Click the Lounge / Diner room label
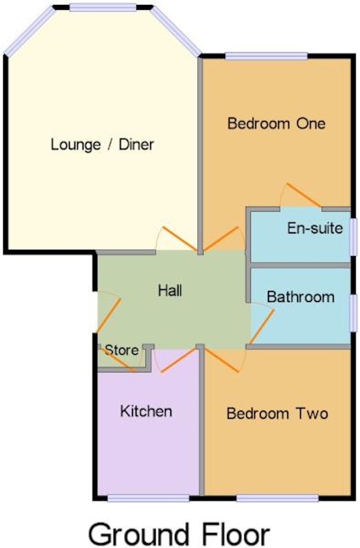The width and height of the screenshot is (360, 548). point(102,145)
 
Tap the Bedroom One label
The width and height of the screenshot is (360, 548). point(277,124)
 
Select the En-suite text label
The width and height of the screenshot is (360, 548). point(315,228)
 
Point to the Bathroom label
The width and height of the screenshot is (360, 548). point(301,297)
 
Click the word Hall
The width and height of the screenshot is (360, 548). point(170,290)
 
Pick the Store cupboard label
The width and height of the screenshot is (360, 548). point(122,350)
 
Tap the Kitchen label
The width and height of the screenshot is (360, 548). point(146,412)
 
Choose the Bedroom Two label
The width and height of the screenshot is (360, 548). point(277,414)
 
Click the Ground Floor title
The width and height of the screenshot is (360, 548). point(179,534)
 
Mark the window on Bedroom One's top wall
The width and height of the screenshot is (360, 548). point(266,56)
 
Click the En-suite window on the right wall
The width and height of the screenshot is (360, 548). point(354,237)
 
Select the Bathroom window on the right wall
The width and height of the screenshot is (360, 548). point(354,313)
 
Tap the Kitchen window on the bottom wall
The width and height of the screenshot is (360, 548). point(148,498)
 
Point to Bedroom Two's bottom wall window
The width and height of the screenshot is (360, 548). point(277,498)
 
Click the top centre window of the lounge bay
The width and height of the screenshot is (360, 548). point(103,7)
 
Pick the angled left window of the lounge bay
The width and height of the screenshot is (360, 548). point(30,31)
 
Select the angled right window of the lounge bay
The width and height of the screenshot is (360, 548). point(176,31)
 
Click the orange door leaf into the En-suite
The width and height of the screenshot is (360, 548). point(304,195)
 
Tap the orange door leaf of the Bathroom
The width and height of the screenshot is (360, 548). point(262,327)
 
